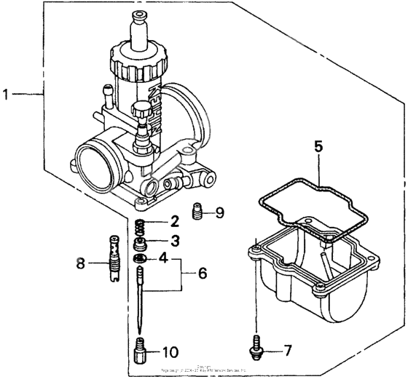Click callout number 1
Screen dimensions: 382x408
click(x=7, y=94)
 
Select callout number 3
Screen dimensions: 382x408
click(x=174, y=240)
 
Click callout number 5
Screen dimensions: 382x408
click(x=318, y=146)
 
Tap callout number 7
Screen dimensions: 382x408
click(x=287, y=351)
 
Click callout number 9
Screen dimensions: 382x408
click(x=220, y=213)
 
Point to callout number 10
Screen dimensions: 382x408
click(x=168, y=353)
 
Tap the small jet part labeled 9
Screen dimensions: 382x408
click(x=196, y=212)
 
